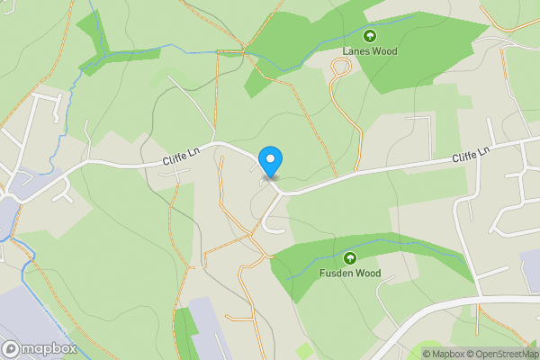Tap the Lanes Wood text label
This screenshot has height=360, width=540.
(370, 51)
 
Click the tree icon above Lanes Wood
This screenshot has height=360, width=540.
(370, 36)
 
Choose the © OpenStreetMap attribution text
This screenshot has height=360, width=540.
(499, 354)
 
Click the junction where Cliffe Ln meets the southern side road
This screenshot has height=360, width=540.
(282, 191)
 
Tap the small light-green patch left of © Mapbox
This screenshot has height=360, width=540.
(303, 349)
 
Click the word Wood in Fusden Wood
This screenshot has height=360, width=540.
(367, 273)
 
